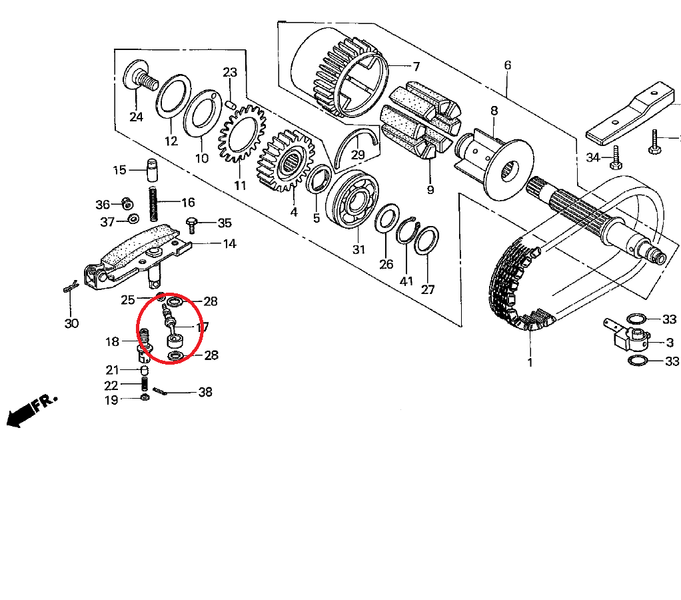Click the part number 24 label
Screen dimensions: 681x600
pyautogui.click(x=136, y=117)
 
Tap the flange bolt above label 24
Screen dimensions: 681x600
pyautogui.click(x=141, y=77)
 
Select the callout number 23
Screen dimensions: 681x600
pyautogui.click(x=230, y=72)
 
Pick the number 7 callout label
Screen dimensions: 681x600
pyautogui.click(x=416, y=67)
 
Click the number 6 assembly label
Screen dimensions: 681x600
pyautogui.click(x=507, y=65)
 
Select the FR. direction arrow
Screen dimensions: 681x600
pyautogui.click(x=31, y=410)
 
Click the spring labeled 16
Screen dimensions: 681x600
pyautogui.click(x=153, y=204)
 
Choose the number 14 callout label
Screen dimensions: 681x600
pyautogui.click(x=229, y=244)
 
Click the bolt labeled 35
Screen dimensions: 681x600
pyautogui.click(x=191, y=225)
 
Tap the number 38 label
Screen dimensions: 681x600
pyautogui.click(x=205, y=392)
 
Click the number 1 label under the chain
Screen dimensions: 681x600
pyautogui.click(x=530, y=362)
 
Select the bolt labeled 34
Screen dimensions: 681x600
pyautogui.click(x=616, y=157)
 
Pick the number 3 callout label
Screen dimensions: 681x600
pyautogui.click(x=670, y=343)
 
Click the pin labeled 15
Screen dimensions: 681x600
pyautogui.click(x=151, y=170)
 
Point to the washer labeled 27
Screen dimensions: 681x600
pyautogui.click(x=426, y=240)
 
